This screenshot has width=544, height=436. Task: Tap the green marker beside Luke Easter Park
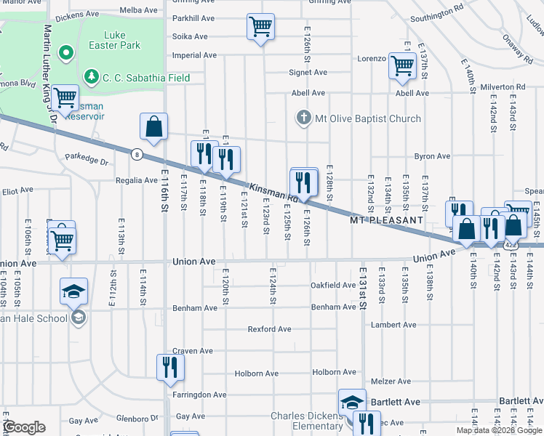(x=65, y=52)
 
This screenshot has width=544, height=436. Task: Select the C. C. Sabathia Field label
(x=145, y=77)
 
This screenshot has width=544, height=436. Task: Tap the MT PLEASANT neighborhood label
(x=386, y=219)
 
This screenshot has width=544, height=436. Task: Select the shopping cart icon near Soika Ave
(x=260, y=27)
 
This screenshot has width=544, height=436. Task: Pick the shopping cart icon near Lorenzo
(x=401, y=65)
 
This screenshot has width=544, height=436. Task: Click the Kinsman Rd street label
(x=274, y=192)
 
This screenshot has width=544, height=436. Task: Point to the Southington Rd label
(x=436, y=15)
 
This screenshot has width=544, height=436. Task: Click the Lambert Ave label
(x=393, y=325)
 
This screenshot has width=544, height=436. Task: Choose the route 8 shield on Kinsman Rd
(x=136, y=153)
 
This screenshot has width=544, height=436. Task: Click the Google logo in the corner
(x=24, y=427)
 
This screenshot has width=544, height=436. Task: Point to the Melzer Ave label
(x=391, y=381)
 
